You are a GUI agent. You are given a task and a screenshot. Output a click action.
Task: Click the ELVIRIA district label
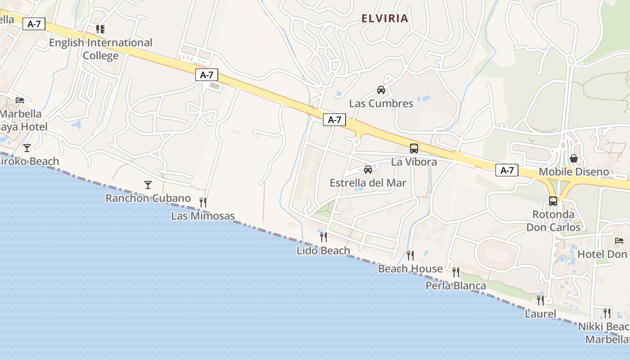tap(385, 18)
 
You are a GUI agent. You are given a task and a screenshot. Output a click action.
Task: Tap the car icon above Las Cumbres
tap(381, 90)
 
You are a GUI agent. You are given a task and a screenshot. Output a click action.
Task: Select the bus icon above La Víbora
tap(414, 148)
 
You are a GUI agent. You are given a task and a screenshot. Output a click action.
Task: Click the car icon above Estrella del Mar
tap(368, 170)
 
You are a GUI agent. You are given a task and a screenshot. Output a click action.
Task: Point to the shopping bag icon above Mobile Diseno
tap(574, 158)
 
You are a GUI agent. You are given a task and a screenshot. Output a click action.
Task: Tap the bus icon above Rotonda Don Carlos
tap(553, 201)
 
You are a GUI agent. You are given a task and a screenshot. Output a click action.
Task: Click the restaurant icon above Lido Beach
tap(323, 237)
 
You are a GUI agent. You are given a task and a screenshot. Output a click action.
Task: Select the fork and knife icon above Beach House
tap(410, 256)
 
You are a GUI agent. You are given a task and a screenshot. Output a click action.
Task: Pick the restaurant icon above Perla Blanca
tap(456, 272)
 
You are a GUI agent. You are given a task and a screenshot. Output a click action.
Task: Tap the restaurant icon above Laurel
tap(540, 300)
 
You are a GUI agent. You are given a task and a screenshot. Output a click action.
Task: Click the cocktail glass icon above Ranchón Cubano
tap(148, 184)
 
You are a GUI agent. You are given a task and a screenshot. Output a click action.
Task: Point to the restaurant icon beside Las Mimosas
tap(203, 202)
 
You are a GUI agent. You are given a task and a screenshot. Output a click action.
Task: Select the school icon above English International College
tap(100, 29)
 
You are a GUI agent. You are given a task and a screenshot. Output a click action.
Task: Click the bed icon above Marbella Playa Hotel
tap(20, 100)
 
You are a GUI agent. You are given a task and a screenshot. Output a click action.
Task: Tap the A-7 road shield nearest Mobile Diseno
tap(507, 170)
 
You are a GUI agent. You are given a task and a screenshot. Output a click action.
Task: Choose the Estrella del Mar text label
tap(368, 183)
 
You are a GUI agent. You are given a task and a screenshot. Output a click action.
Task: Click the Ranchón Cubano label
tap(148, 198)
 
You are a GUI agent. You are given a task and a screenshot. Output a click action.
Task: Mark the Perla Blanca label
tap(456, 286)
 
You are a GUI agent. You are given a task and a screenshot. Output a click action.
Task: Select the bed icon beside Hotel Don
tap(619, 241)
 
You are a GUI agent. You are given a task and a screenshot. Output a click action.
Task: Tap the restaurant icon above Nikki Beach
tap(607, 313)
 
